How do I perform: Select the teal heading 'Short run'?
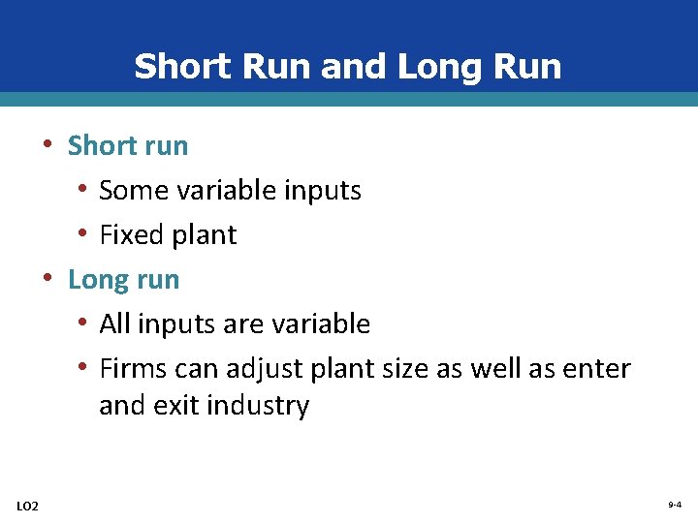127,146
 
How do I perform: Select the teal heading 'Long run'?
123,280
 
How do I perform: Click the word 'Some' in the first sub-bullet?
135,191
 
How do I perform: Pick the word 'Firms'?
134,369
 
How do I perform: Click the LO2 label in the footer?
28,506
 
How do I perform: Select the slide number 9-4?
674,506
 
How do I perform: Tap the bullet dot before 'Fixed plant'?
85,234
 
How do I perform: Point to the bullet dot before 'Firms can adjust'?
85,368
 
